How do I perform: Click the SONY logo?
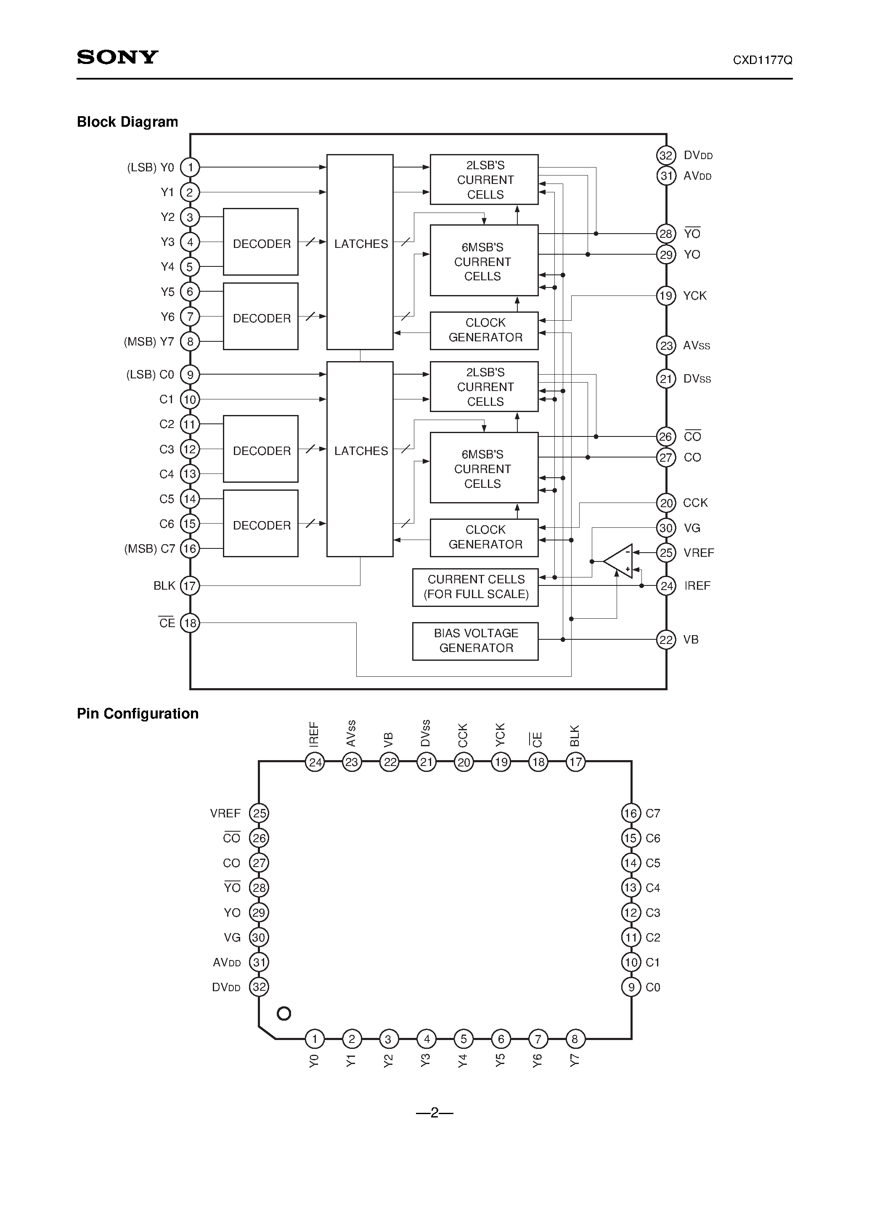(x=117, y=57)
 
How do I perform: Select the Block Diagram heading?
(x=127, y=122)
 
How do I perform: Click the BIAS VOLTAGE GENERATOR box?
(x=475, y=641)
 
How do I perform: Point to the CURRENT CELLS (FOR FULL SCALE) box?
(x=475, y=587)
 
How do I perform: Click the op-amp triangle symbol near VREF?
(x=620, y=561)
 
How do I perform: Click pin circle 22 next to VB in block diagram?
(x=666, y=640)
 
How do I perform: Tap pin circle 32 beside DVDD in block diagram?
(x=666, y=156)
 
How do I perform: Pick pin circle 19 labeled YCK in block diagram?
(x=666, y=295)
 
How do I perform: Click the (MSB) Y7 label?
(x=149, y=341)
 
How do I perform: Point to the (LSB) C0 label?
(x=150, y=375)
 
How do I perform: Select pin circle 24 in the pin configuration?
(x=315, y=762)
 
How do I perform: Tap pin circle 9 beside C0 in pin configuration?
(x=631, y=987)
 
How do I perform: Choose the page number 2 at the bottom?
(x=434, y=1113)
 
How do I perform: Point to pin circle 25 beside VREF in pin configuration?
(x=259, y=814)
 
